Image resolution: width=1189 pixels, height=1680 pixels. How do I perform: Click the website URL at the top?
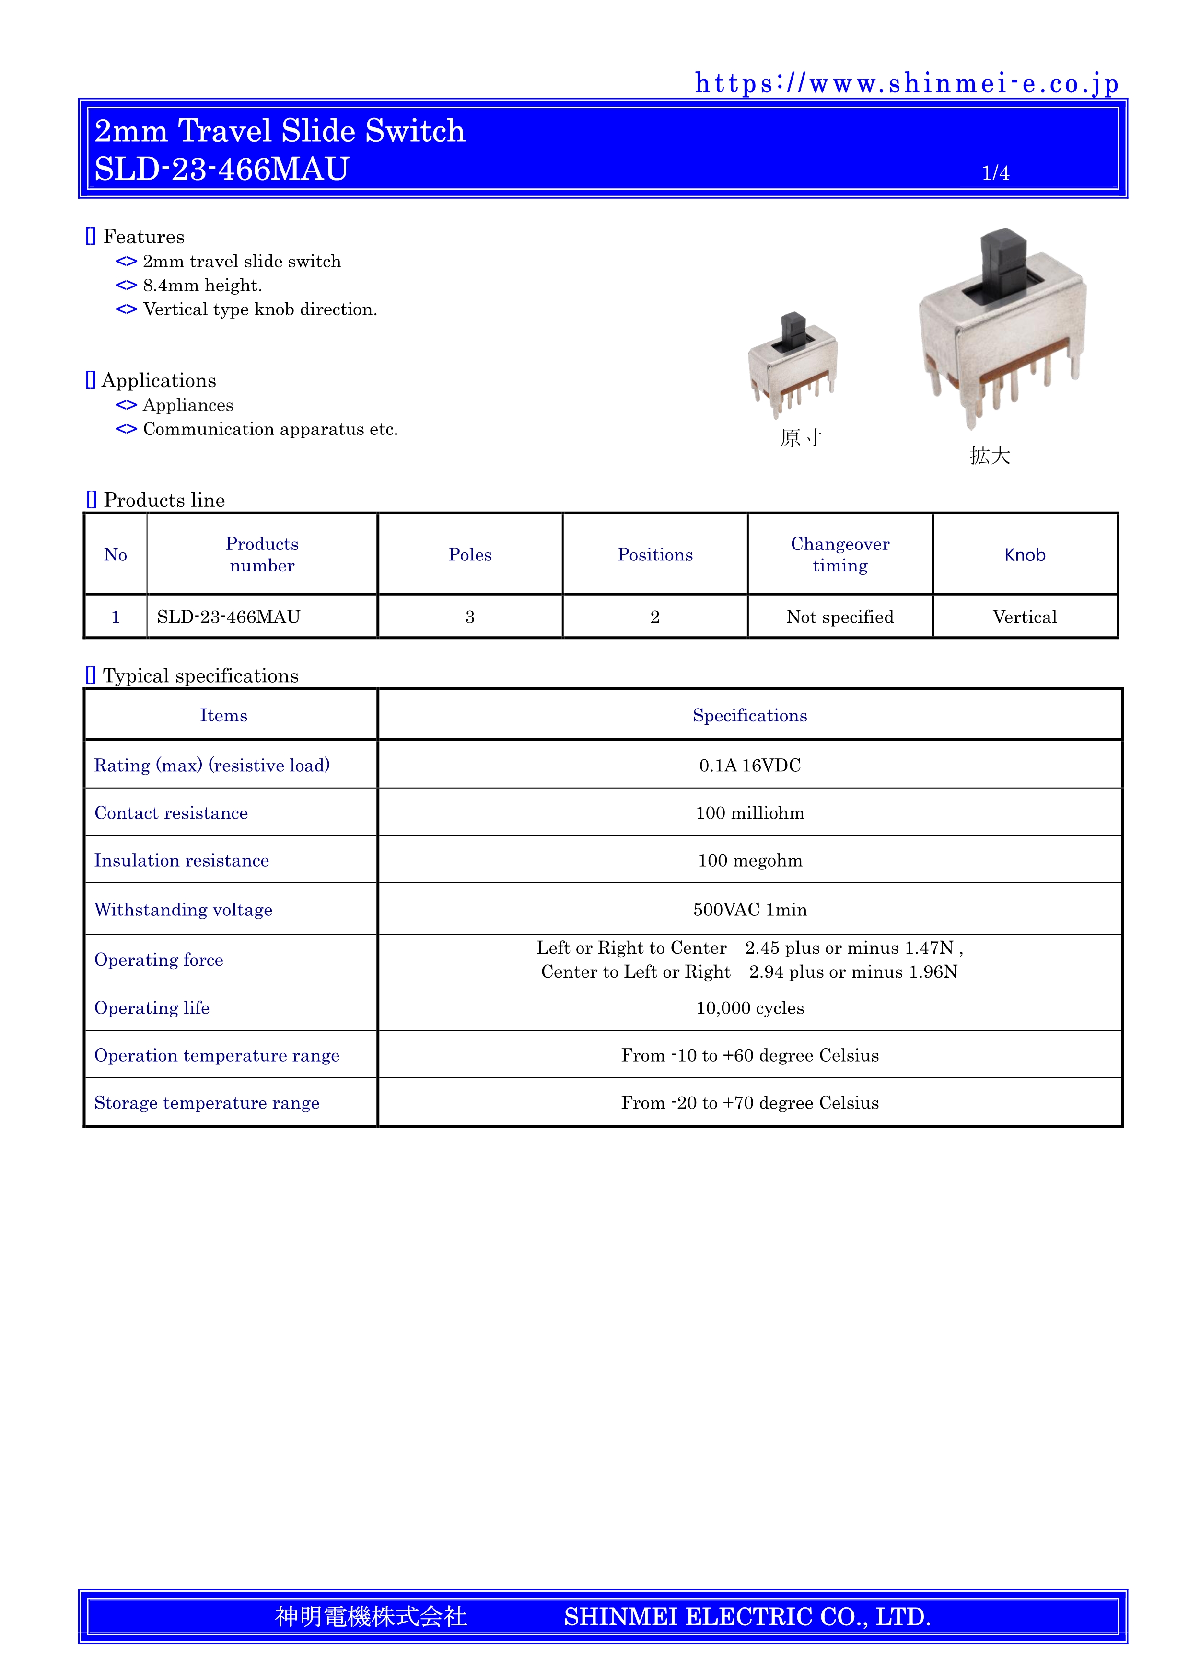907,84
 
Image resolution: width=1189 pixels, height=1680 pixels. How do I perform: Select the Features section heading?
143,237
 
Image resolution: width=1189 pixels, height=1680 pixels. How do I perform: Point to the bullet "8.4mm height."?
202,286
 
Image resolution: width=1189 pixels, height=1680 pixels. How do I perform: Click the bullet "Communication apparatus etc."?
270,430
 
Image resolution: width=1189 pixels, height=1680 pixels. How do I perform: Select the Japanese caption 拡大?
990,456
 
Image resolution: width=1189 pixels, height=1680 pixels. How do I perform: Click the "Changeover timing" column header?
840,555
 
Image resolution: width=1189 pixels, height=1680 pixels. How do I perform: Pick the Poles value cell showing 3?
470,617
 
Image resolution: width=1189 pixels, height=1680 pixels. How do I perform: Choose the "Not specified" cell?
840,617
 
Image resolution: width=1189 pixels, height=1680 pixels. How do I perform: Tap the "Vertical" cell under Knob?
1024,617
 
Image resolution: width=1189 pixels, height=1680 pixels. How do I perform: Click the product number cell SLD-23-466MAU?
228,617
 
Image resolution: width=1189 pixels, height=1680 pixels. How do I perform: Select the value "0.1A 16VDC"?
750,766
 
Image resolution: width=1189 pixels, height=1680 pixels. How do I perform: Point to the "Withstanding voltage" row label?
183,910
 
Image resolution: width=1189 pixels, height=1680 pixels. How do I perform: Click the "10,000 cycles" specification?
750,1008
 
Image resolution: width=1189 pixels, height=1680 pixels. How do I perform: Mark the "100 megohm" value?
750,860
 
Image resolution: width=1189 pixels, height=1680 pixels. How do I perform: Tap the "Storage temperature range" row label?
207,1103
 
